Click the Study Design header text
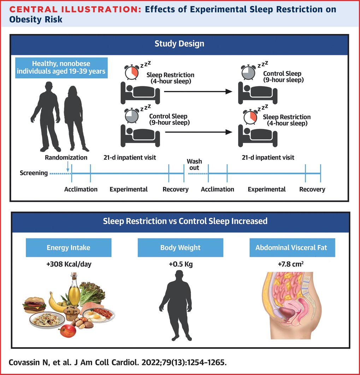[x=179, y=44]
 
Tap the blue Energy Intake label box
[x=69, y=248]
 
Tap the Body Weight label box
[x=180, y=248]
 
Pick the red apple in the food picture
[x=67, y=331]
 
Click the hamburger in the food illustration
[x=34, y=305]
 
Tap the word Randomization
[x=66, y=157]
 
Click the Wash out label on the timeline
[x=194, y=164]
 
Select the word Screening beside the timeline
[x=34, y=173]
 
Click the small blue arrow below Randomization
[x=68, y=166]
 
